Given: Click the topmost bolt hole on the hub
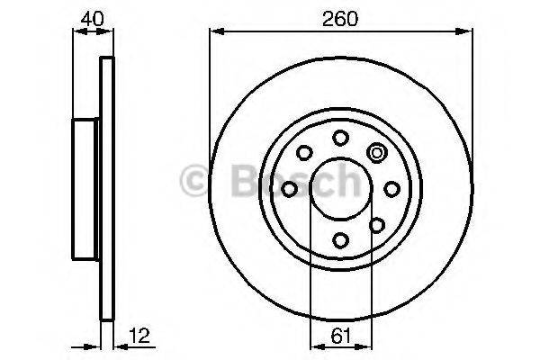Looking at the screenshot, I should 341,137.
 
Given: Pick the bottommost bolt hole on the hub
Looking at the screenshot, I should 341,239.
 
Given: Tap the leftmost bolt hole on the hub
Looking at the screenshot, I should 289,188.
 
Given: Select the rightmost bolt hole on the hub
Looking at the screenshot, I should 392,188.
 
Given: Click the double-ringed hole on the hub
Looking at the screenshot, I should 377,152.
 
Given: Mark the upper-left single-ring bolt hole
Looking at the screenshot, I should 304,152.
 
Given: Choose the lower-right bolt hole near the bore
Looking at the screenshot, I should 377,224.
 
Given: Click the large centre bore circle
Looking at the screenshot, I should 341,188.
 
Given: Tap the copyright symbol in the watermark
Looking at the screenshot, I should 194,183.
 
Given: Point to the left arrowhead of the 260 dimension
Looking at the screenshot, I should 215,32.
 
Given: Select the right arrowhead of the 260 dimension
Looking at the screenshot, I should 467,32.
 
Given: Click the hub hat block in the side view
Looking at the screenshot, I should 85,188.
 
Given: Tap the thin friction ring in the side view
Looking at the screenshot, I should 108,188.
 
